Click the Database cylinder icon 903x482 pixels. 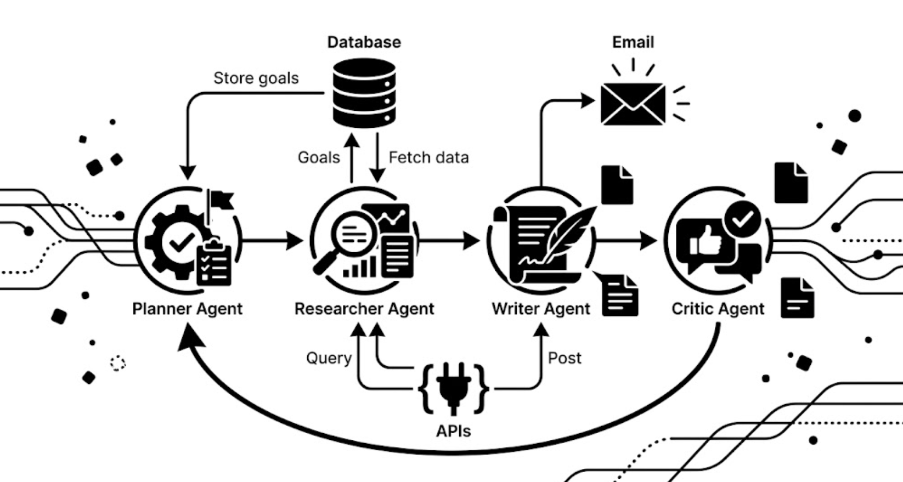364,93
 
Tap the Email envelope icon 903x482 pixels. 633,104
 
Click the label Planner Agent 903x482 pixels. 187,309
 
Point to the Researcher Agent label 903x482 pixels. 364,309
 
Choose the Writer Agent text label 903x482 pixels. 541,309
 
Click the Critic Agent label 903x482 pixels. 718,309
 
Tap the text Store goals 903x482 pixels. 256,78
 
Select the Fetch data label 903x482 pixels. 428,158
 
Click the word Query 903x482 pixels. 329,358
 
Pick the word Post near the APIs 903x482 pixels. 565,358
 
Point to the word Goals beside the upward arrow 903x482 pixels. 319,158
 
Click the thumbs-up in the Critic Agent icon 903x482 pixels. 705,241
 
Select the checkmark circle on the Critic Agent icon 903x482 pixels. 742,219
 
